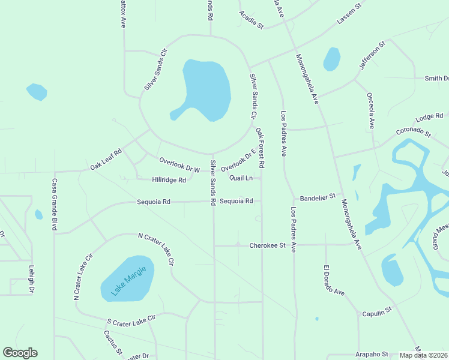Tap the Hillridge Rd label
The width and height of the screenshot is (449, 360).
[x=169, y=179]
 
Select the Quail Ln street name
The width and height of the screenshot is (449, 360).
[x=244, y=178]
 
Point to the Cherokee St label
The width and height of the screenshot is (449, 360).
[x=267, y=245]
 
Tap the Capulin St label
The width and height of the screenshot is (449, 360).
[x=376, y=310]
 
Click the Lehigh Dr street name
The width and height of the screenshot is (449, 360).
[x=31, y=279]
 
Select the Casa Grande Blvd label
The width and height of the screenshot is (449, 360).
[x=54, y=205]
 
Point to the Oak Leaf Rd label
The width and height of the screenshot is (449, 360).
[x=106, y=159]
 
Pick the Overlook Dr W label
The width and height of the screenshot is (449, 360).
[x=179, y=164]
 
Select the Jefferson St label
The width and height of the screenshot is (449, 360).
[x=372, y=56]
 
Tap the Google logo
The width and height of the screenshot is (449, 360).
[x=20, y=353]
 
